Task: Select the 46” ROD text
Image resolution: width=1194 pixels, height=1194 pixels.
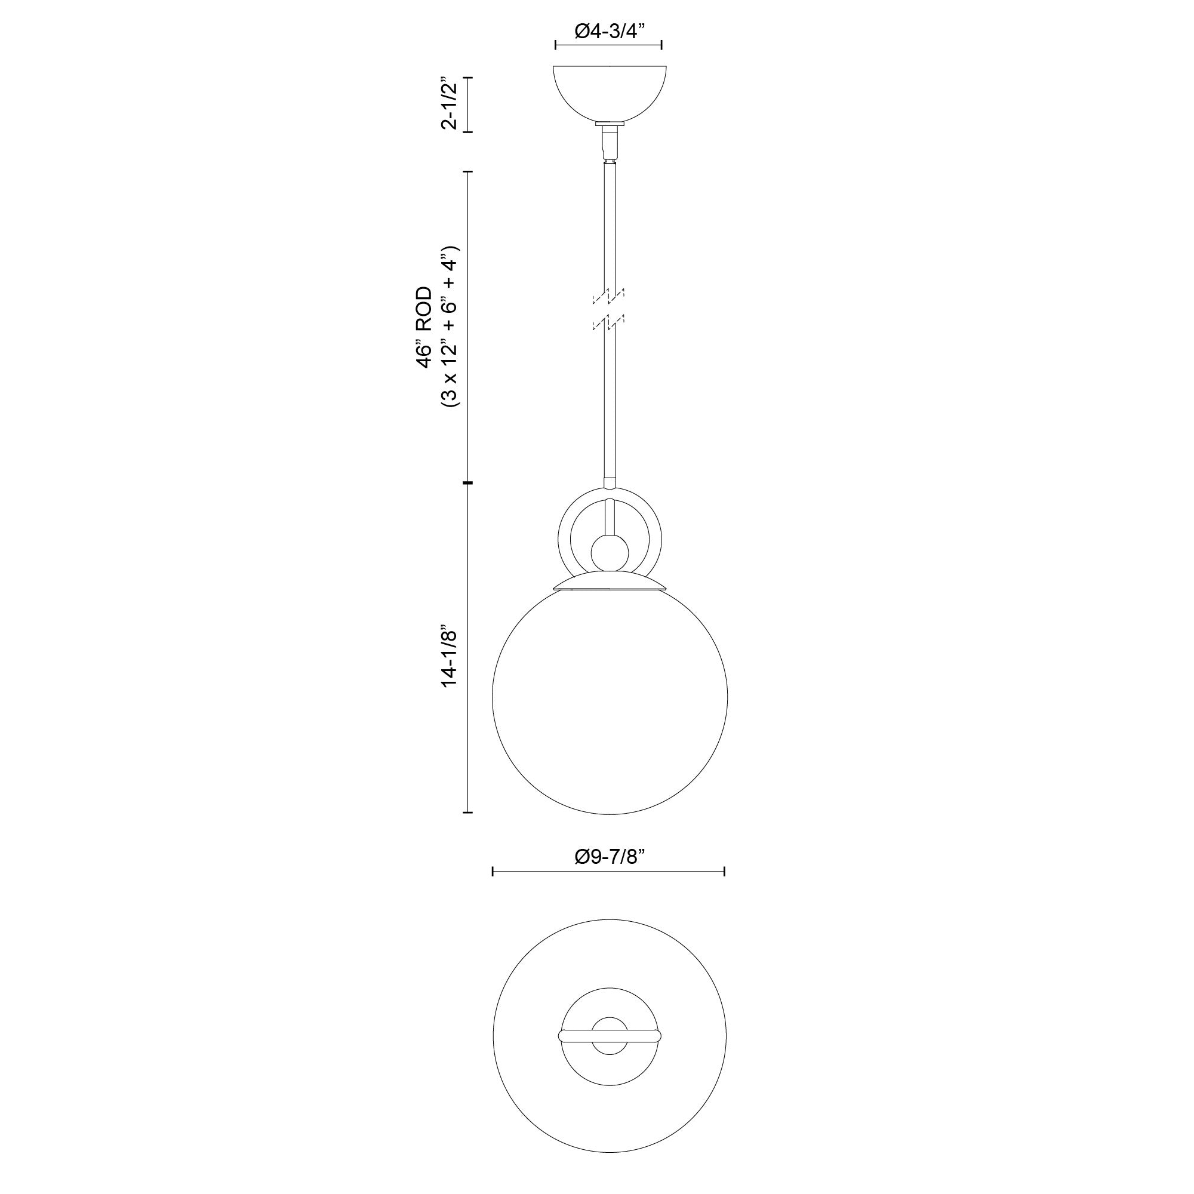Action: click(424, 327)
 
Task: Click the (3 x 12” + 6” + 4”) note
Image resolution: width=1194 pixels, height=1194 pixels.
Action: click(451, 327)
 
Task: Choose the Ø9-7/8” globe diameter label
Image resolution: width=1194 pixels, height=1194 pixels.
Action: click(609, 857)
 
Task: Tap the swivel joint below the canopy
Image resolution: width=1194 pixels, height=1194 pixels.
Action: click(610, 141)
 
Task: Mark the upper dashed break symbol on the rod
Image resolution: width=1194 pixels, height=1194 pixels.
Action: click(609, 297)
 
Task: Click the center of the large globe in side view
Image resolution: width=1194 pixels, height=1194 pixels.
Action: click(610, 697)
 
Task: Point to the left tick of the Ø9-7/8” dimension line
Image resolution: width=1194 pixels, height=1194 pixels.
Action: click(493, 872)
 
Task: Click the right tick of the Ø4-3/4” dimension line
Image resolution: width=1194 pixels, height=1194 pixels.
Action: click(662, 45)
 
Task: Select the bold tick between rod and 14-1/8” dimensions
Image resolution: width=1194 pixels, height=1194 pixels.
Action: click(468, 482)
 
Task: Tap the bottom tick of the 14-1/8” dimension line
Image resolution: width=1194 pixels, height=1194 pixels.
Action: click(468, 812)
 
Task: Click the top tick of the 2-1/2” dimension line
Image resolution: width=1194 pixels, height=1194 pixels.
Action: click(468, 78)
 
